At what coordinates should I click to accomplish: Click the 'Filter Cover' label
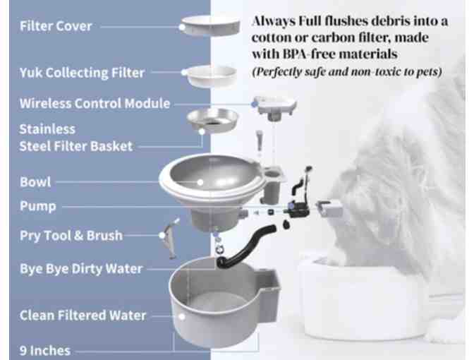point(56,27)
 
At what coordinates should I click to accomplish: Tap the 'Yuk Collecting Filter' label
point(82,72)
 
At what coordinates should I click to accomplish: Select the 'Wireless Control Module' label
point(95,104)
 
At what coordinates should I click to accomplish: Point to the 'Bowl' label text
point(35,181)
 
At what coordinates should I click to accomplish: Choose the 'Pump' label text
point(38,207)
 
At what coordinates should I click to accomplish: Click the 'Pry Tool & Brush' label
point(71,235)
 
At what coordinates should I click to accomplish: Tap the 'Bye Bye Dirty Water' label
point(81,268)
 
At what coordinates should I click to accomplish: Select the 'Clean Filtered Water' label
point(83,316)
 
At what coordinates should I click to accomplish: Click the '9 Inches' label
point(45,349)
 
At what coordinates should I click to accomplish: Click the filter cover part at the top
point(209,27)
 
